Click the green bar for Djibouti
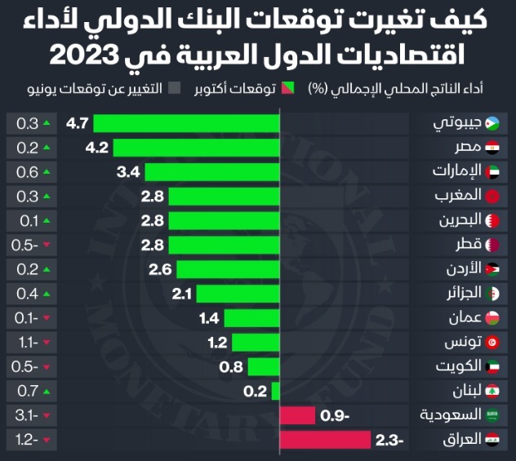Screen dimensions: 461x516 (186, 124)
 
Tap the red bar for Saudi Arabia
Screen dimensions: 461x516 (297, 415)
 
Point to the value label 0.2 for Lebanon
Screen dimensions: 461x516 (256, 392)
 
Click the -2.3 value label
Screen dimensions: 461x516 (390, 440)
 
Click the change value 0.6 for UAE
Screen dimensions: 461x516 (28, 172)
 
